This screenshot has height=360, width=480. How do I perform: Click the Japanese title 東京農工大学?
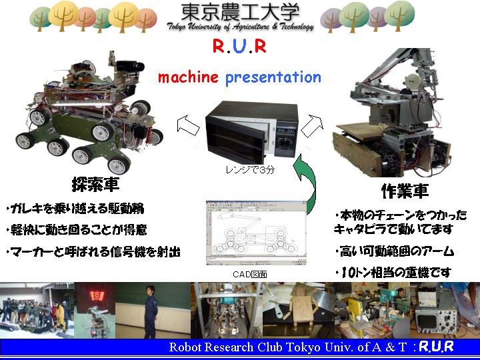(x=240, y=12)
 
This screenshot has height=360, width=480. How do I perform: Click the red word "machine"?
(x=188, y=77)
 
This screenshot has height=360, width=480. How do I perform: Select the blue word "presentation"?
(x=273, y=78)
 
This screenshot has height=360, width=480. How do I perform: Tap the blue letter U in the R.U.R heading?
(x=239, y=46)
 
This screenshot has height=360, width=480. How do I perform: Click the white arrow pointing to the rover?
(x=187, y=125)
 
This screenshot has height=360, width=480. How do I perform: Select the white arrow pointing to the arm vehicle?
(x=312, y=125)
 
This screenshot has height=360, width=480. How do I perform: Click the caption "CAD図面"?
(x=250, y=274)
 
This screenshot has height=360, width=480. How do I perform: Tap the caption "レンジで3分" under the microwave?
(x=250, y=169)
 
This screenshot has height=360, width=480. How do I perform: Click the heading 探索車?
(x=95, y=184)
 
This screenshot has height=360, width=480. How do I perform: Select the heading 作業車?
(x=405, y=191)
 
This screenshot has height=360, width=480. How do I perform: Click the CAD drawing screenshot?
(x=256, y=233)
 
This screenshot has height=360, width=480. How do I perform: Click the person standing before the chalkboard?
(x=151, y=311)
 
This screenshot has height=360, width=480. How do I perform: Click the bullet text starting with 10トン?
(x=393, y=273)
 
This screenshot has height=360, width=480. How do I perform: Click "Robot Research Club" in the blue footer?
(x=211, y=347)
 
